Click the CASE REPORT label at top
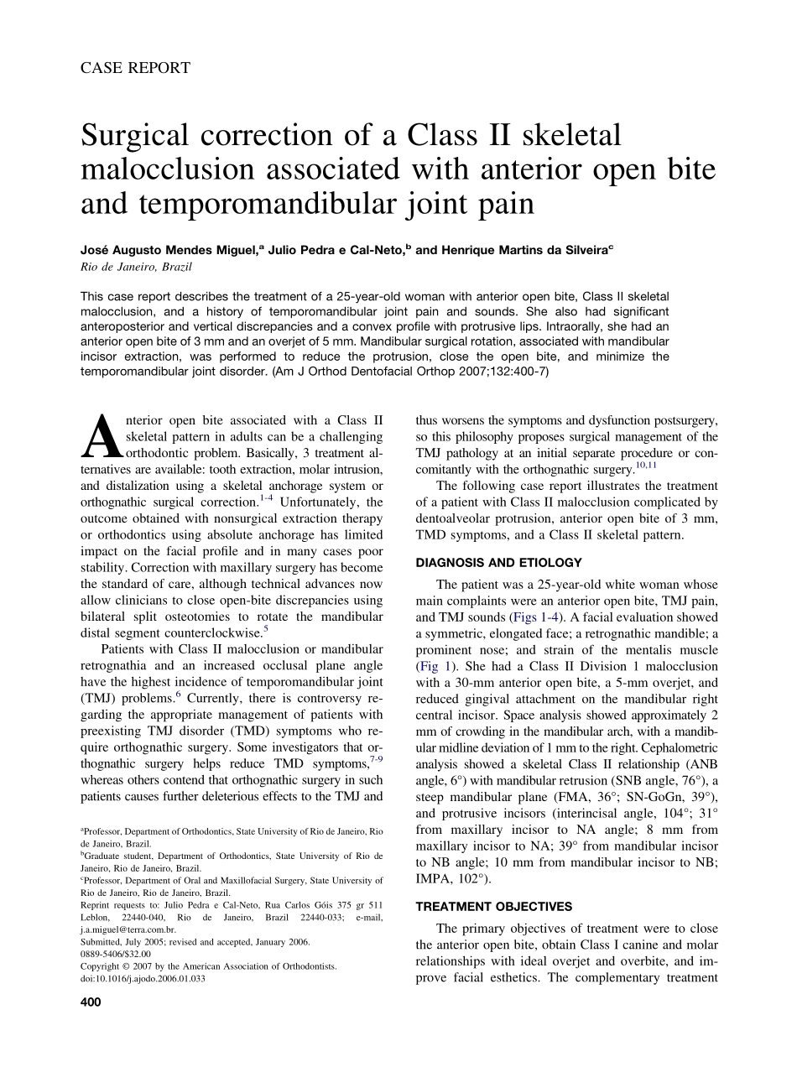[135, 68]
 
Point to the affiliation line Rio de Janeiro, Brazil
[136, 267]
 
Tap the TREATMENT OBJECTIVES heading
[494, 907]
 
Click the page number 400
[91, 1002]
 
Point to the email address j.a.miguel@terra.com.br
[128, 929]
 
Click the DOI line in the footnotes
[143, 977]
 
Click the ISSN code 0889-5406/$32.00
[116, 954]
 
